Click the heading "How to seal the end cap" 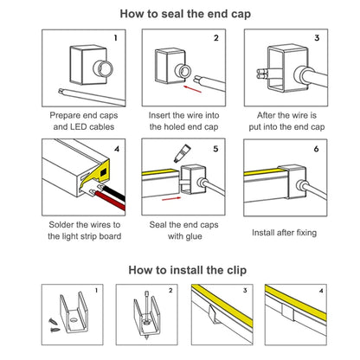(x=185, y=14)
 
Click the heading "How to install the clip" (x=188, y=270)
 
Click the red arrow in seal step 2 (x=192, y=89)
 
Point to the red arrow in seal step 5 (x=171, y=199)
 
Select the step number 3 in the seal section (x=317, y=38)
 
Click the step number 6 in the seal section (x=316, y=149)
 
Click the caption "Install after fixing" (x=284, y=233)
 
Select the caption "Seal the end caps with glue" (x=184, y=230)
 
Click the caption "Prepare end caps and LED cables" (x=84, y=121)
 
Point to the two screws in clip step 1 (x=54, y=325)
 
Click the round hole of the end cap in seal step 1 (x=103, y=68)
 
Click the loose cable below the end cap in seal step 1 (x=92, y=96)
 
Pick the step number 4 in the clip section (x=321, y=291)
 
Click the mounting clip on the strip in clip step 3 (x=214, y=314)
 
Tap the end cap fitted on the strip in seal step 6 (x=292, y=183)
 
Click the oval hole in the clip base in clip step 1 (x=74, y=320)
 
